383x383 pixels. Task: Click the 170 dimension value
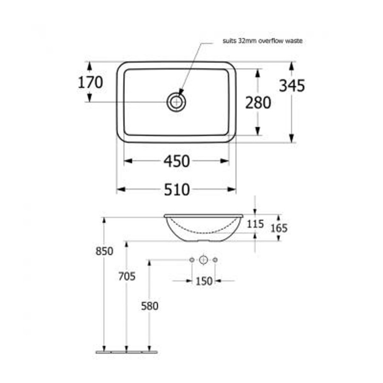tap(90, 83)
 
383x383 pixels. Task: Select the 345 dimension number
tap(292, 86)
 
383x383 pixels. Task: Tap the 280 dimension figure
tap(258, 103)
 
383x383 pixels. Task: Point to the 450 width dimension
tap(177, 161)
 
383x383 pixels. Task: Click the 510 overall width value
tap(177, 189)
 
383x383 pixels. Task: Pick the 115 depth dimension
tap(255, 224)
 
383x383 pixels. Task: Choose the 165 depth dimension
tap(279, 228)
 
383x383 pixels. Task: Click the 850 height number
tap(104, 251)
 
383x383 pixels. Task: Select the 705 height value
tap(127, 277)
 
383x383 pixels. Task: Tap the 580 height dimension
tap(149, 306)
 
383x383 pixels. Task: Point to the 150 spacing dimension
tap(204, 281)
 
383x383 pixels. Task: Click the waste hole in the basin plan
tap(176, 102)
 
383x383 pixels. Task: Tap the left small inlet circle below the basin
tap(192, 260)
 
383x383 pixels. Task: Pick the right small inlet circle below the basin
tap(215, 260)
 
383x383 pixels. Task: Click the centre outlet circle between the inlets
tap(203, 260)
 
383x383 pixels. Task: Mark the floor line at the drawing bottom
tap(126, 352)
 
